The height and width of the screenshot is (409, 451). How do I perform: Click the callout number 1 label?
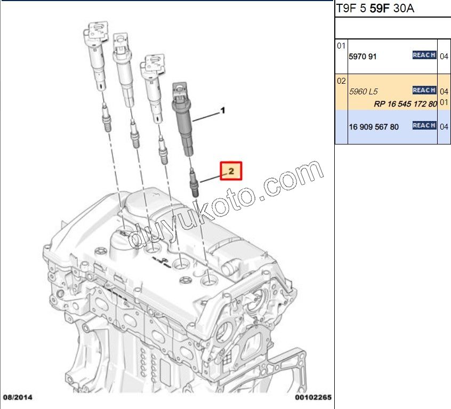point(223,111)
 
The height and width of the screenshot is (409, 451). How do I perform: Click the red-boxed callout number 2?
point(231,171)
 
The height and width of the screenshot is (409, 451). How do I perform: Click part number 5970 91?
point(363,56)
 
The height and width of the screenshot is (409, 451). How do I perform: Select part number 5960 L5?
point(362,91)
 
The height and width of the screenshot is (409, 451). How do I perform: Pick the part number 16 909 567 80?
point(373,127)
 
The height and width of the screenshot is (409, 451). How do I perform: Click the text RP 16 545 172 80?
point(405,103)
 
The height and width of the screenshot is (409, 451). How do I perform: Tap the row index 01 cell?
point(341,46)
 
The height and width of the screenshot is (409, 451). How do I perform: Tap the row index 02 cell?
point(341,82)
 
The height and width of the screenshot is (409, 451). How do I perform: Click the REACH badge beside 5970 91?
point(424,55)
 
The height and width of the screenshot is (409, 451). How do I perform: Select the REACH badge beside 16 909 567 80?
point(424,125)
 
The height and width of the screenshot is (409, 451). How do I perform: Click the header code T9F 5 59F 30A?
point(375,8)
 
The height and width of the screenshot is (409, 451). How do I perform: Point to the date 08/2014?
point(18,397)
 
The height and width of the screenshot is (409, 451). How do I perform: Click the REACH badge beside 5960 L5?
point(424,90)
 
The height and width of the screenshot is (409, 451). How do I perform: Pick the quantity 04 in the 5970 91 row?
point(444,56)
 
